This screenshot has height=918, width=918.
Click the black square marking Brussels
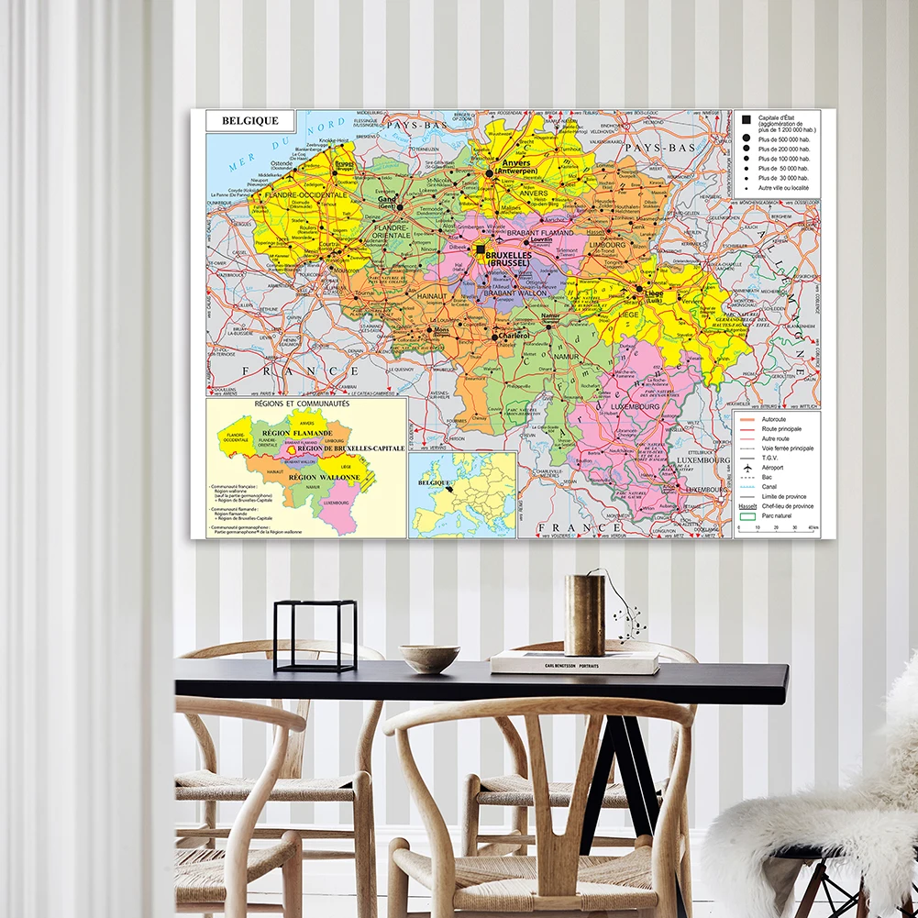480,249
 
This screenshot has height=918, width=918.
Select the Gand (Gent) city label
387,202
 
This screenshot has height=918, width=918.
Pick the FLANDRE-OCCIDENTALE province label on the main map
305,195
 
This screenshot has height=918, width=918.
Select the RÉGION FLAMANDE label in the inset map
296,432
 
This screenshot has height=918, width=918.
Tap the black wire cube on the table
315,636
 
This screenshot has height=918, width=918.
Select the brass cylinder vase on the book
584,614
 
